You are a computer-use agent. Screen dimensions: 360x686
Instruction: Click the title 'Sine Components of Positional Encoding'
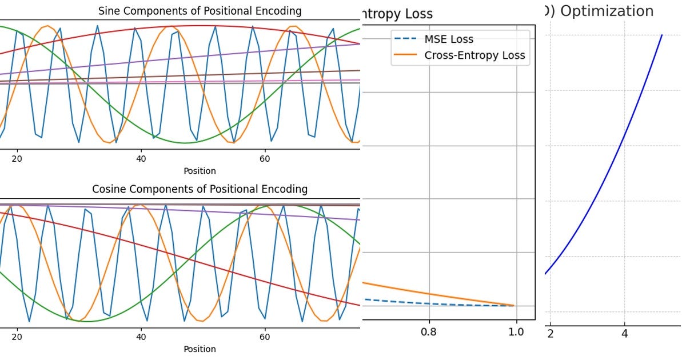[200, 11]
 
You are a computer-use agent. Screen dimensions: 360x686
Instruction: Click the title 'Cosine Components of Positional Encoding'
[200, 189]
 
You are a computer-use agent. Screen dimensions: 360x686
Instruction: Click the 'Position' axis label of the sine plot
[200, 171]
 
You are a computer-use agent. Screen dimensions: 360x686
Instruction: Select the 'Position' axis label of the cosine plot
[200, 349]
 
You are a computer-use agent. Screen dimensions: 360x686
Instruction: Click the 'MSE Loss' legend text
[449, 39]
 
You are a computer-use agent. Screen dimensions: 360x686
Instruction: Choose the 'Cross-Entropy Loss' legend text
[474, 55]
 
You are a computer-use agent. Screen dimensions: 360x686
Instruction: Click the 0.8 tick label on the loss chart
[429, 332]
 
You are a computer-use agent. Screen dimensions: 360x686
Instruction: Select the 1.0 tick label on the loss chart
[516, 332]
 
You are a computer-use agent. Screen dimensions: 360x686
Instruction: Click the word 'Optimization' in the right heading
[607, 11]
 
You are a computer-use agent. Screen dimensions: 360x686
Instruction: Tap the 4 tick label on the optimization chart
[624, 333]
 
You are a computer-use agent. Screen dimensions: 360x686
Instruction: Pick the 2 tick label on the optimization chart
[551, 333]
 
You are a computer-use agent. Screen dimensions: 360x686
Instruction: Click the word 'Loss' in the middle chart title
[417, 14]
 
